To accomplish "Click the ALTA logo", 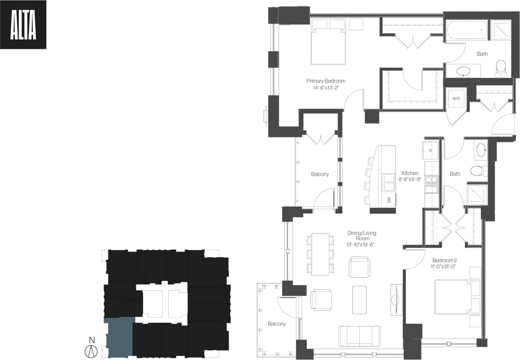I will point(23,25).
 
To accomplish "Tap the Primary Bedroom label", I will point(326,84).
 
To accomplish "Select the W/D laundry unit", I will point(456,98).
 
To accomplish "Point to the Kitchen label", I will point(410,176).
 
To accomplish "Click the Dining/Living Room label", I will point(361,236).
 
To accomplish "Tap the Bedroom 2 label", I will point(445,263).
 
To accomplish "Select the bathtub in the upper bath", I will point(466,30).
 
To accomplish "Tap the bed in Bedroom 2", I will point(453,297).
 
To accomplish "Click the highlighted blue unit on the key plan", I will point(119,337).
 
